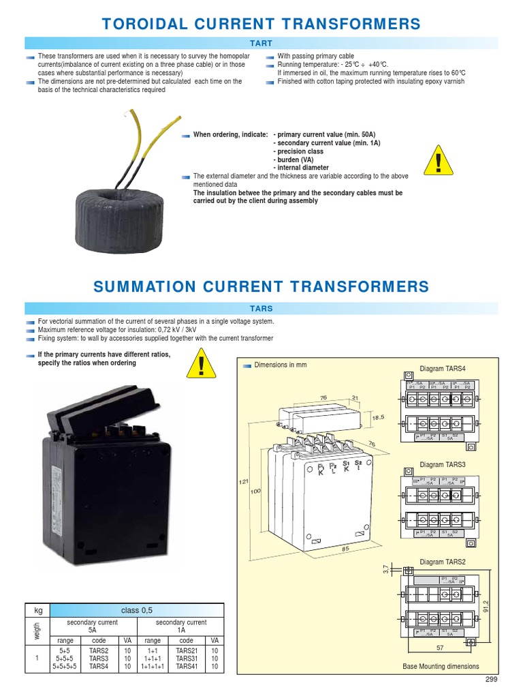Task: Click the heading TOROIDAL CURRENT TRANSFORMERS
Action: tap(261, 25)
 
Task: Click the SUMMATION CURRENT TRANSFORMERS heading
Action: tap(261, 286)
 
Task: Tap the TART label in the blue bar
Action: tap(261, 44)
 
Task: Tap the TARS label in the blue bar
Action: tap(261, 309)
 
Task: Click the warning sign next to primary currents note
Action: tap(203, 363)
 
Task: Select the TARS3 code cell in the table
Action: tap(99, 659)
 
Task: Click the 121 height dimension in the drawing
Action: tap(244, 482)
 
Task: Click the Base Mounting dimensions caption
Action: tap(441, 666)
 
